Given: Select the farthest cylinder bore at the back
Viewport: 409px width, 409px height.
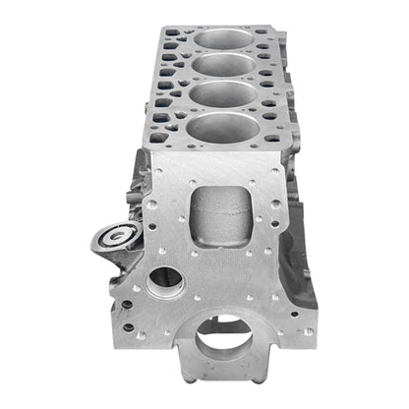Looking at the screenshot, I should click(224, 41).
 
